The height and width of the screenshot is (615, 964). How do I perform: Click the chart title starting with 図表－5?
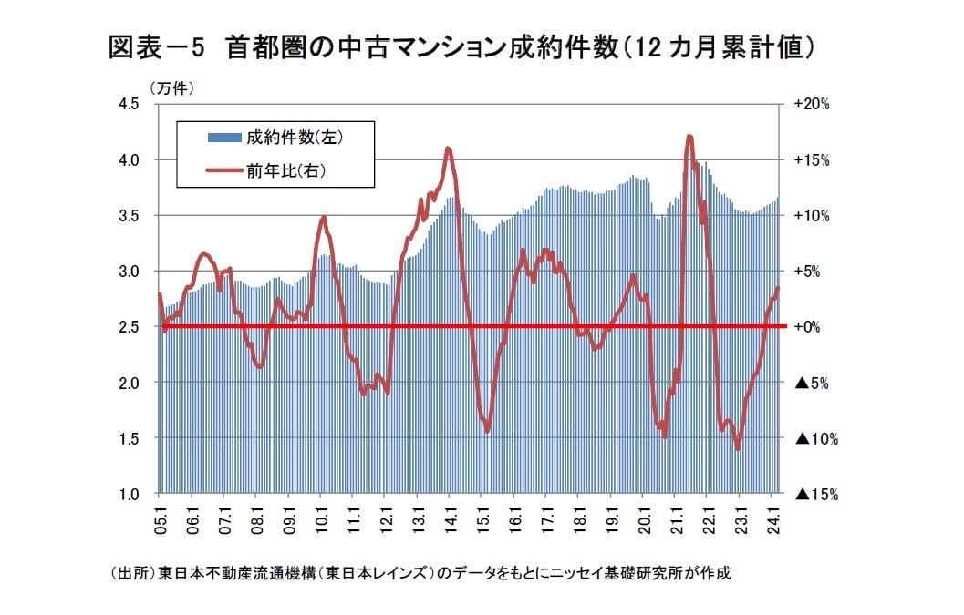(x=461, y=46)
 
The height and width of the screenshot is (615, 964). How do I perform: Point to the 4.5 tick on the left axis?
(x=128, y=104)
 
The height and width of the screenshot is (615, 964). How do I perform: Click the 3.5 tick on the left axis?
(x=128, y=216)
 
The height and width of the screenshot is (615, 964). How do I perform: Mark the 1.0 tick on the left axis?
(x=128, y=494)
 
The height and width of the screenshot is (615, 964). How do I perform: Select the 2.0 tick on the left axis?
(x=128, y=383)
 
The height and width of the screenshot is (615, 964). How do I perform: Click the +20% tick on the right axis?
(x=811, y=104)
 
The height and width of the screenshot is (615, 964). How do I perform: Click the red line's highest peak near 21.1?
(x=689, y=136)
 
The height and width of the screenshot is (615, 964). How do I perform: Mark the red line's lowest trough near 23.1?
(x=737, y=449)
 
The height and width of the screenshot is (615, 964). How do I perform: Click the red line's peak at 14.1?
(x=448, y=148)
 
